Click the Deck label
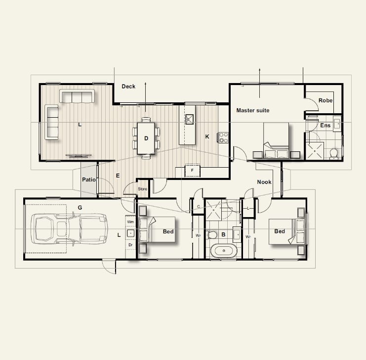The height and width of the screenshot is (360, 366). (x=128, y=87)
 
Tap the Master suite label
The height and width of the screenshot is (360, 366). (x=253, y=110)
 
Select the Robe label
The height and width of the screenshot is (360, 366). (x=325, y=100)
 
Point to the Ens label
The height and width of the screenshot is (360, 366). (x=325, y=126)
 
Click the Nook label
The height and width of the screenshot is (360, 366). (x=264, y=182)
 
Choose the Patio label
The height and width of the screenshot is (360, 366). (x=89, y=180)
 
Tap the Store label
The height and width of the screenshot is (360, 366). (x=142, y=189)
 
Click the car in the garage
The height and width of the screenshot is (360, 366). (x=69, y=229)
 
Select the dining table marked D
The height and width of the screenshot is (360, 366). (x=146, y=138)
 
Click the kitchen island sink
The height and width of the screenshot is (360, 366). (x=189, y=119)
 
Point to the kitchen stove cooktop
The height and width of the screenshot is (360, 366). (x=223, y=137)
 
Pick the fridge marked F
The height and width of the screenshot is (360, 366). (x=192, y=171)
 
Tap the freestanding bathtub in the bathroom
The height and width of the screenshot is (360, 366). (x=224, y=251)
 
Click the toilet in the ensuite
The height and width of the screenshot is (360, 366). (x=333, y=154)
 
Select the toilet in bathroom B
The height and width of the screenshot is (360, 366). (x=212, y=235)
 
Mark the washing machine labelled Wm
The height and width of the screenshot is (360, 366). (x=130, y=222)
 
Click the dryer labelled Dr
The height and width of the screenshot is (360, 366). (x=130, y=245)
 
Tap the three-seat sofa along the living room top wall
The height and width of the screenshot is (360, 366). (x=77, y=96)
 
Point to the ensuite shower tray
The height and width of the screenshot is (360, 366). (x=315, y=151)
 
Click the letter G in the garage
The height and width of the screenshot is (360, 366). (x=80, y=208)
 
